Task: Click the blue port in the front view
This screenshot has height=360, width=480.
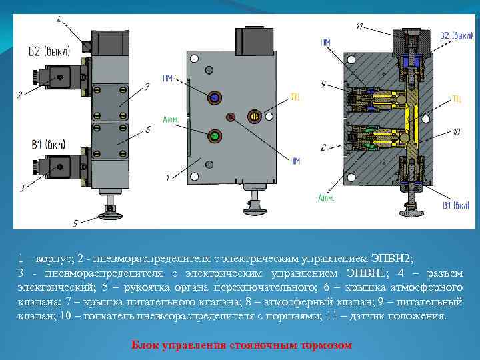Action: [215, 97]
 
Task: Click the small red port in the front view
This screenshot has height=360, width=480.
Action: [231, 117]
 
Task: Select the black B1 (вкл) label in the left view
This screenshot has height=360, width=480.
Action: [45, 143]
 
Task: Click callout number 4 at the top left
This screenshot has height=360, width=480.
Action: [60, 21]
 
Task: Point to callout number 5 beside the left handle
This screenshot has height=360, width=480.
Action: [75, 222]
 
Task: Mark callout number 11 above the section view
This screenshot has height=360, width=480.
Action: [360, 26]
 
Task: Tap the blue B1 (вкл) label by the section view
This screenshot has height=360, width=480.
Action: [456, 206]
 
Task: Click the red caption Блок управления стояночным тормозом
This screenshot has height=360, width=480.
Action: [241, 345]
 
